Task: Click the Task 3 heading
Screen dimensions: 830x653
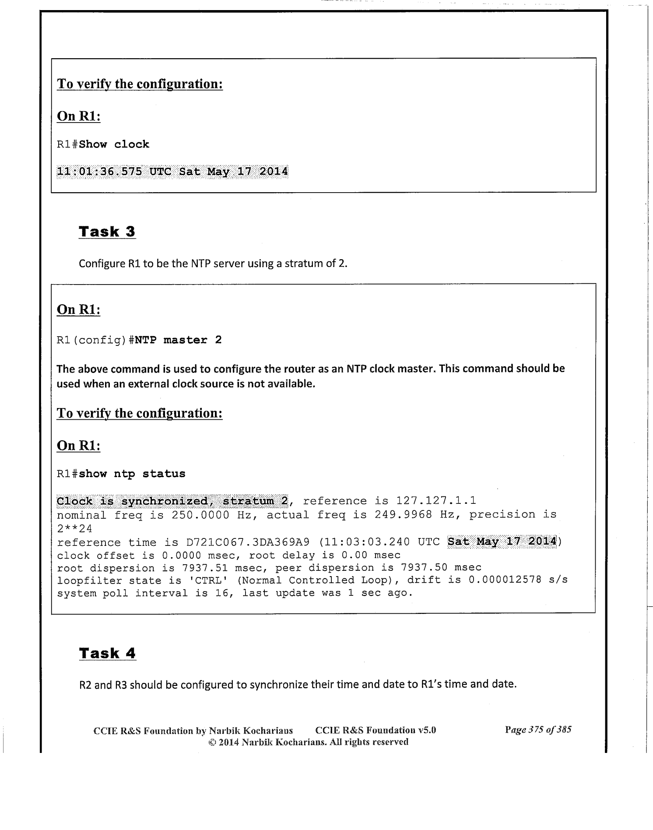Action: (107, 232)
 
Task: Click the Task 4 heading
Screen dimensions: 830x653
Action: (107, 653)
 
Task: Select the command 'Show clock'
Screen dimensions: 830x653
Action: (114, 144)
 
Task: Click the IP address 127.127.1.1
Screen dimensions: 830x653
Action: (436, 501)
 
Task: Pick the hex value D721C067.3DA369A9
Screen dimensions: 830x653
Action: (248, 542)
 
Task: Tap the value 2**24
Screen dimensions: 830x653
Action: (74, 528)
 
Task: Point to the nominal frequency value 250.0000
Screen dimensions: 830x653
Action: (200, 514)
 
